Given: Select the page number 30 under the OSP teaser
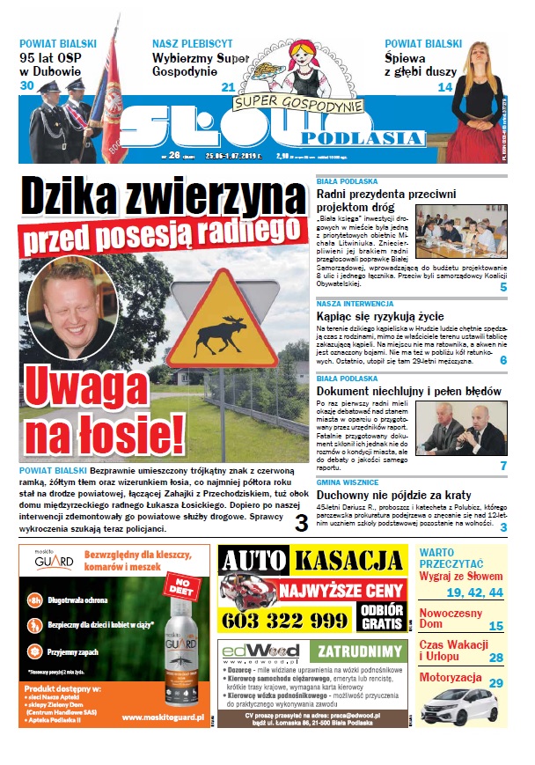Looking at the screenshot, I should pos(26,85).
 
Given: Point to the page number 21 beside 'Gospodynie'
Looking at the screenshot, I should pos(228,86).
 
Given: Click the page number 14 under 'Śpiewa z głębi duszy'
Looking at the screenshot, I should pos(445,86).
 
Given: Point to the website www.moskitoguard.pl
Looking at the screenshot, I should pos(162,718).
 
